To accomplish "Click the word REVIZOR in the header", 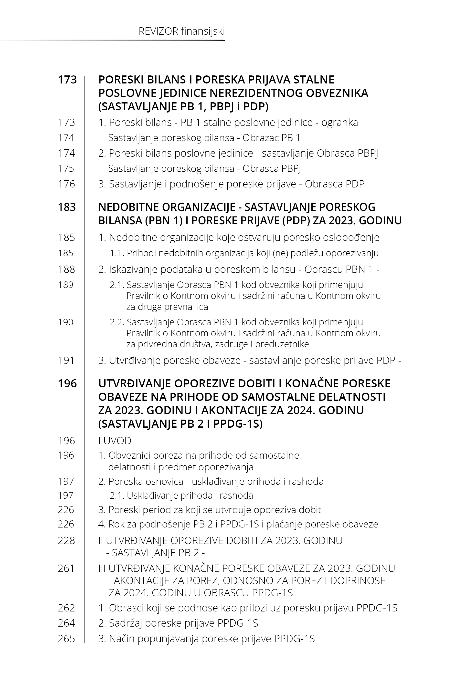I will [x=158, y=31].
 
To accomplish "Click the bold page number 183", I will [x=67, y=207].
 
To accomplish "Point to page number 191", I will [x=66, y=360].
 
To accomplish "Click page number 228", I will [x=66, y=540].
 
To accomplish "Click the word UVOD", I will [x=117, y=441].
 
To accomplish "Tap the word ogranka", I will [x=339, y=123].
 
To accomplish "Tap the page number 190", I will [x=66, y=322].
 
